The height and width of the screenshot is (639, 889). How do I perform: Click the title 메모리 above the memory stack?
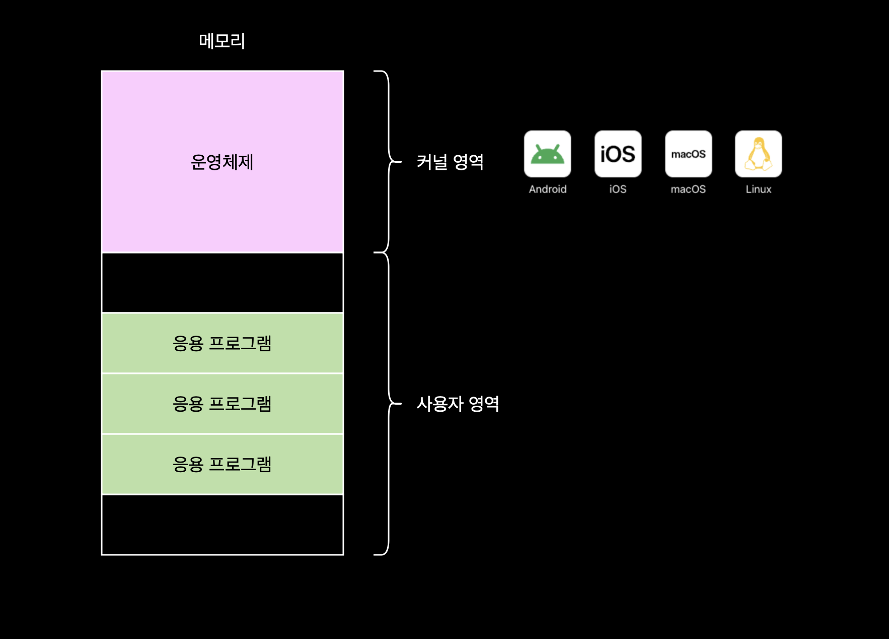(x=222, y=41)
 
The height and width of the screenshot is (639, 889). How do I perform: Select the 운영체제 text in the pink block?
(x=222, y=162)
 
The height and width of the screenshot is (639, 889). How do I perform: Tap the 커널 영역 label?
(x=450, y=162)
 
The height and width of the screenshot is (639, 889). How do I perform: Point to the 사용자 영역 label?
(x=458, y=404)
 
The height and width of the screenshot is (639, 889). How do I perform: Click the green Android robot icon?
(x=547, y=154)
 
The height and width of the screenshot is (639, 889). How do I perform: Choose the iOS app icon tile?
(x=618, y=154)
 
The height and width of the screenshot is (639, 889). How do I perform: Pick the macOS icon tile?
(x=688, y=154)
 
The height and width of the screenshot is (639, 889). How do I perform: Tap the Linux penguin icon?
(x=758, y=154)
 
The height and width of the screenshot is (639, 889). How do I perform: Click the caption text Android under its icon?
(x=547, y=189)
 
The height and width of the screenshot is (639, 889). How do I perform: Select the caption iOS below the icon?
(x=618, y=189)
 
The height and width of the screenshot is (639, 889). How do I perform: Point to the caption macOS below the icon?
(x=688, y=189)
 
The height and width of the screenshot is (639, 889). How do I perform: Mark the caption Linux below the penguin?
(x=758, y=189)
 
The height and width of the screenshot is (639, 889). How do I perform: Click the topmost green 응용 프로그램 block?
(x=222, y=343)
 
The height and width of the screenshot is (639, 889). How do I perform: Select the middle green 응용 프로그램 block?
(x=222, y=404)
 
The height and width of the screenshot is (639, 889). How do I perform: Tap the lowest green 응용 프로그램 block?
(x=222, y=464)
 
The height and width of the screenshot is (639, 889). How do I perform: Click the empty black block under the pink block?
(x=222, y=283)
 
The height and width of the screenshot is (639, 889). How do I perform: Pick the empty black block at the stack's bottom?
(x=222, y=525)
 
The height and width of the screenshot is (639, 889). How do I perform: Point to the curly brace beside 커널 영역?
(x=389, y=162)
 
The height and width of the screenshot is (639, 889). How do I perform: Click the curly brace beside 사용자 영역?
(x=389, y=404)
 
